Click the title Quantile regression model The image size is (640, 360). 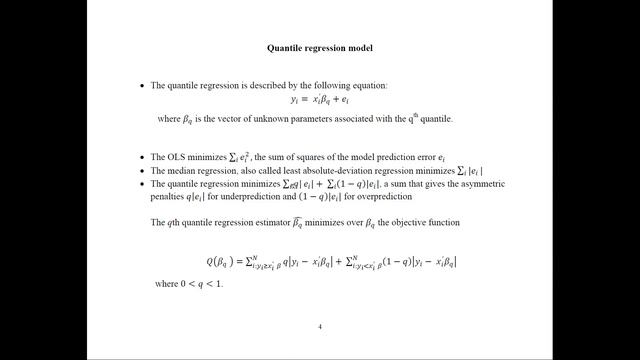320,47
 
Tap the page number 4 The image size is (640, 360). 320,327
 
